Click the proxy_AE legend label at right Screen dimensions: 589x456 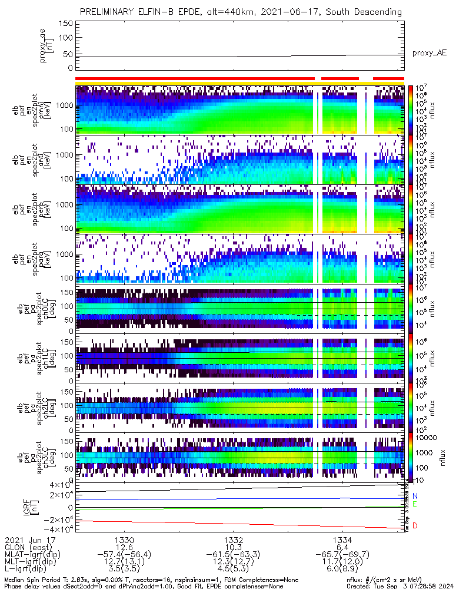tap(429, 52)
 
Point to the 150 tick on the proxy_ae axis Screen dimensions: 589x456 tap(66, 24)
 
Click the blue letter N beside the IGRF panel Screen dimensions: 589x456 tap(415, 497)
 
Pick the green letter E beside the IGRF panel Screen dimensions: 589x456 tap(415, 505)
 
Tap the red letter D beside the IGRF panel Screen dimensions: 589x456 tap(415, 525)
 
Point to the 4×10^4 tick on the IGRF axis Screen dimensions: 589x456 tap(56, 485)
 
